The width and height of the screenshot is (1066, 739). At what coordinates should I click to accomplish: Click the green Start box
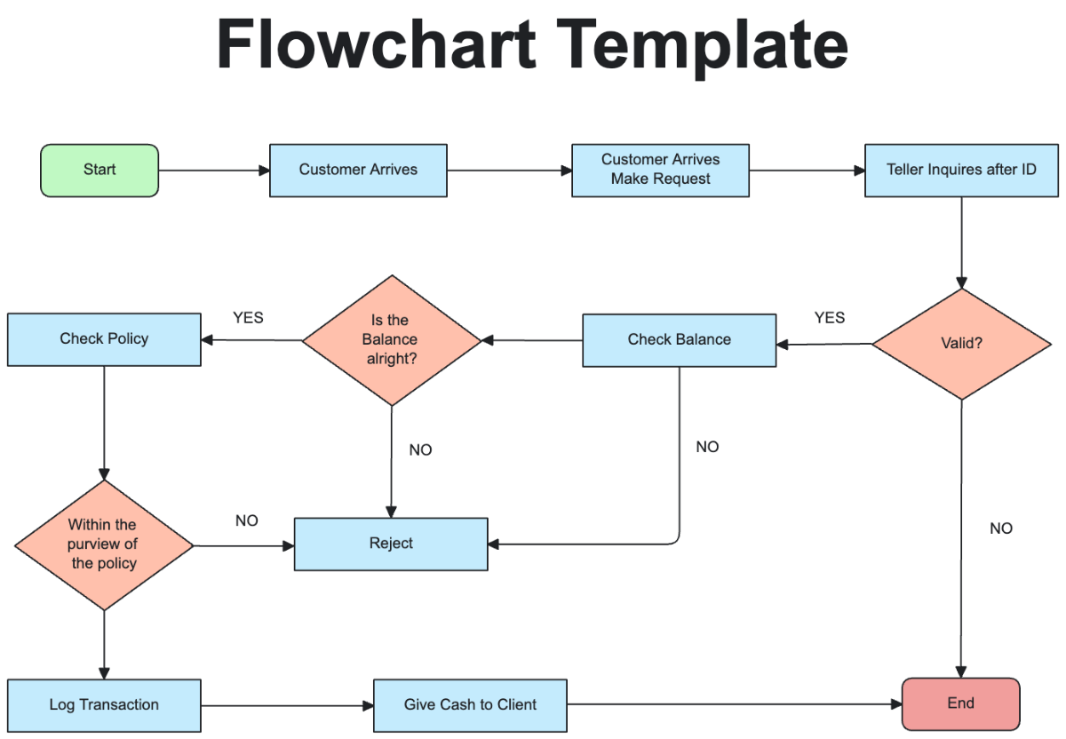coord(99,170)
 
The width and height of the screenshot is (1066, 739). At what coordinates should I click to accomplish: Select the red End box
coord(960,703)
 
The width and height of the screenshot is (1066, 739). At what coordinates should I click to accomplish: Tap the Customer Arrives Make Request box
coord(660,170)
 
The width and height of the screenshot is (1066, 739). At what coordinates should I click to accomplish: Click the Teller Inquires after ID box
coord(961,170)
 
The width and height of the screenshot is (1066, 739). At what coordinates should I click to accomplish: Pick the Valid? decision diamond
coord(961,344)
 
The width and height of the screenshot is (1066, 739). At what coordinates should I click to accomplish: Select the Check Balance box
coord(679,339)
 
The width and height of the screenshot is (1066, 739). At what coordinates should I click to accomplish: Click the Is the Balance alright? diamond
coord(391,340)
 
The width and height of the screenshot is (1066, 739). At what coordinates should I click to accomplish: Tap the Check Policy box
coord(104,338)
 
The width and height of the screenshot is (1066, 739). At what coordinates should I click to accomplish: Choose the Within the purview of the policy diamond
coord(104,544)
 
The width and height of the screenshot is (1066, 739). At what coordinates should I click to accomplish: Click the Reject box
coord(391,544)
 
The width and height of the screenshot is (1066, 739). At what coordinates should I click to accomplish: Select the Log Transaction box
coord(104,705)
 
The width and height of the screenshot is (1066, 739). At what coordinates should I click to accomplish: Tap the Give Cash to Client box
coord(470,705)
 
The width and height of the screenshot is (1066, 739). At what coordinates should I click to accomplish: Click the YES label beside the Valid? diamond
coord(829,318)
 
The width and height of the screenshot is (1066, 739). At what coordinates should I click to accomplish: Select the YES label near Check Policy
coord(248,317)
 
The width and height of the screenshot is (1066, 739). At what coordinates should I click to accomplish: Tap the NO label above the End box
coord(1000,528)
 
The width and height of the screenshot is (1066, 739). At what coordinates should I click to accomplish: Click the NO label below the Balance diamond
coord(420,450)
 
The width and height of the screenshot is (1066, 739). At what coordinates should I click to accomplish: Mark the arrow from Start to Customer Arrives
coord(213,171)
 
